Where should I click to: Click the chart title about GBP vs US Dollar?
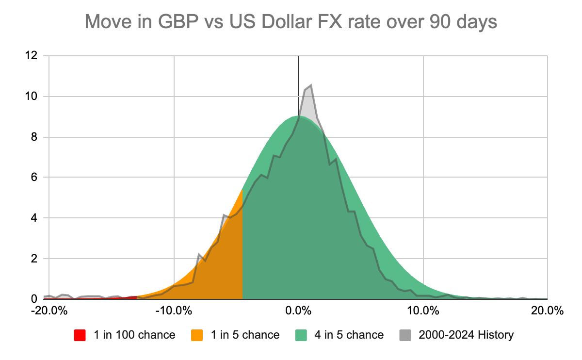[291, 22]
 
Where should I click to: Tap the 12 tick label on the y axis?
[32, 56]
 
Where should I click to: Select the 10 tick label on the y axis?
[32, 96]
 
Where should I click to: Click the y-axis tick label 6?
[34, 178]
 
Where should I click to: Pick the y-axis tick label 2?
[34, 259]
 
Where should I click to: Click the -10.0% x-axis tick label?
[173, 311]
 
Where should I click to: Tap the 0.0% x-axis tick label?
[298, 311]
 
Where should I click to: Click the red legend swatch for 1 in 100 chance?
[80, 335]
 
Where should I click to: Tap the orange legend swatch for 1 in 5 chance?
[197, 335]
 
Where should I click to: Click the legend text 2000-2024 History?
[466, 335]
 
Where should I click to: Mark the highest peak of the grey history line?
[310, 85]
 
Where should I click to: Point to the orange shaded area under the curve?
[223, 262]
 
